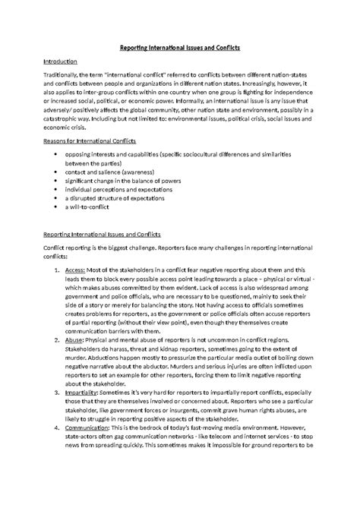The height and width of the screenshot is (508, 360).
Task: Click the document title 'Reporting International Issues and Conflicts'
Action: pyautogui.click(x=180, y=48)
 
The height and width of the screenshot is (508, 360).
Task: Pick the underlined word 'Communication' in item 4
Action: pyautogui.click(x=90, y=447)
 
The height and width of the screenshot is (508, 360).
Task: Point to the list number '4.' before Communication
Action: pyautogui.click(x=58, y=447)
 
